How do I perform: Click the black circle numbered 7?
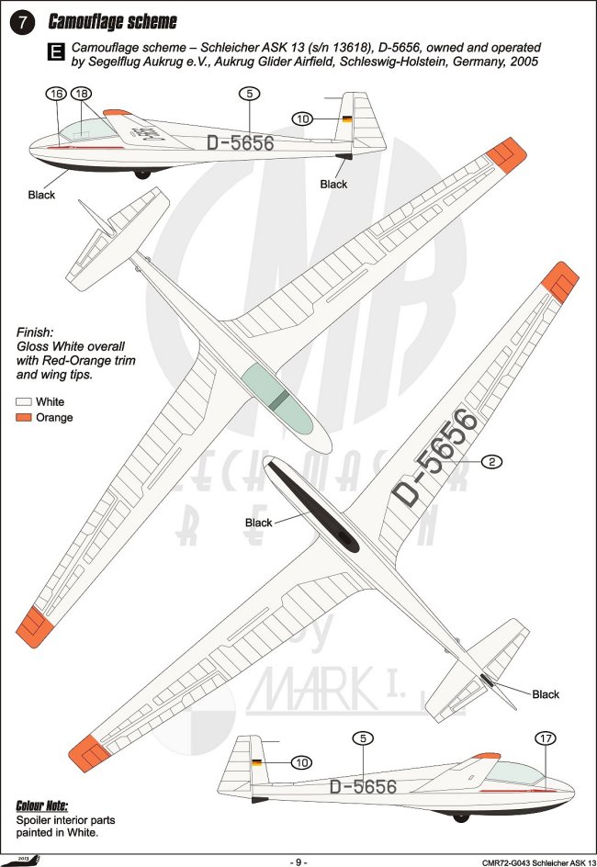(x=20, y=23)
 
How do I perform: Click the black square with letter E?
(x=56, y=53)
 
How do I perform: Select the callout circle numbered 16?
(x=57, y=94)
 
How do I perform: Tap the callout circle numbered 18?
(x=81, y=94)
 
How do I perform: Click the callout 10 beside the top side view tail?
(x=303, y=118)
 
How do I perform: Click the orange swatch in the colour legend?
(x=24, y=418)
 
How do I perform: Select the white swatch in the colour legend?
(x=24, y=402)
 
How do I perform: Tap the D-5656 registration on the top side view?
(x=240, y=143)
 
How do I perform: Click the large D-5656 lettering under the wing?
(x=435, y=457)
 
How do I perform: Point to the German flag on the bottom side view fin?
(x=255, y=761)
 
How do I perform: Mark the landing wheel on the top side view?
(x=141, y=173)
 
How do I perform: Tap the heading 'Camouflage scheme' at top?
(x=113, y=22)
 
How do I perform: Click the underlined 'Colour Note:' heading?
(x=41, y=805)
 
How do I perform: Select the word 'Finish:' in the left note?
(x=36, y=332)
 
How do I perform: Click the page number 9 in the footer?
(x=298, y=861)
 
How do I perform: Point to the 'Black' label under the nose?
(x=41, y=195)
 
